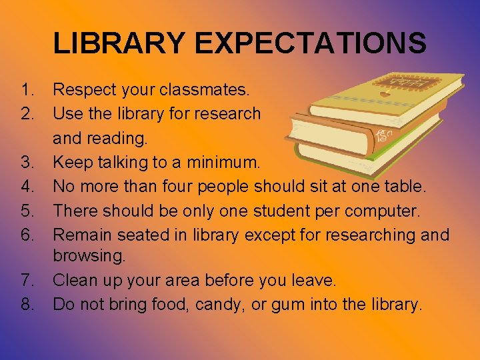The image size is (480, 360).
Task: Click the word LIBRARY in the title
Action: tap(119, 43)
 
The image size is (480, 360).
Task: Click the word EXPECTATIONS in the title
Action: tap(311, 43)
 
